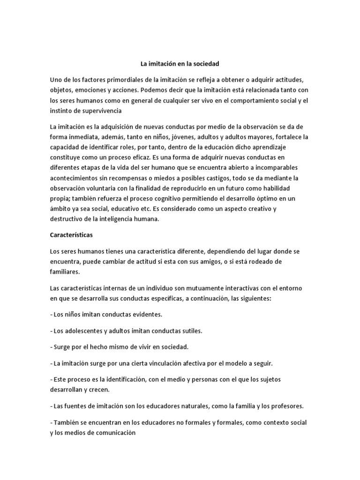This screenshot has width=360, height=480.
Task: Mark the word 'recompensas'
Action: tap(146, 178)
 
